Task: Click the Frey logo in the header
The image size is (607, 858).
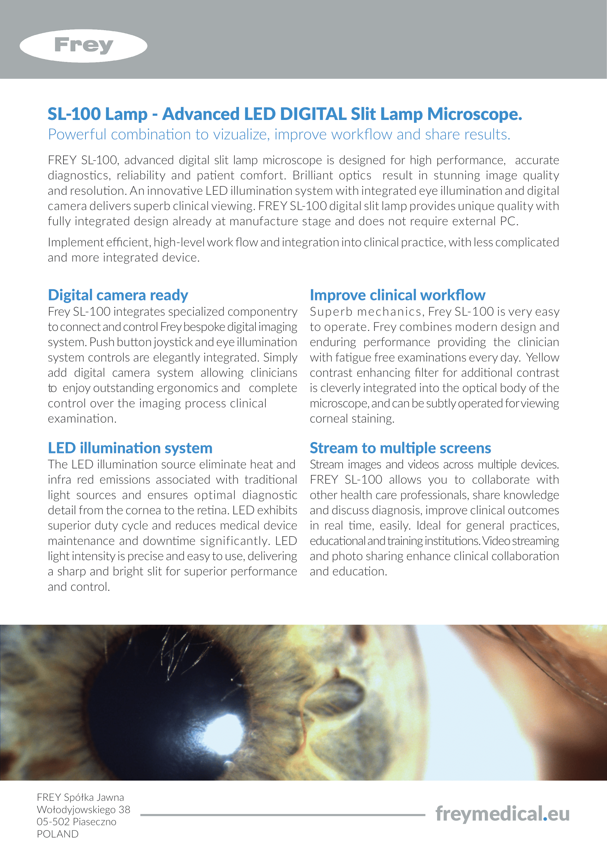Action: pos(83,45)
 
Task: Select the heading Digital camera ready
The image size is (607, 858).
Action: pos(118,295)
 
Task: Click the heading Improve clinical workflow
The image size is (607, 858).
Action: pos(397,295)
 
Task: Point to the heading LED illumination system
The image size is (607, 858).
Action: pos(130,448)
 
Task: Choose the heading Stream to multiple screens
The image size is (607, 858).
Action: pos(400,448)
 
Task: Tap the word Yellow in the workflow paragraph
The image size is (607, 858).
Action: pos(542,358)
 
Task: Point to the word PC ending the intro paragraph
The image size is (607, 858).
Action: pos(508,221)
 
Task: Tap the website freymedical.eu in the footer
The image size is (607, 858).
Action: pos(502,814)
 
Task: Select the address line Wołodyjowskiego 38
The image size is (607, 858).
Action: pos(83,810)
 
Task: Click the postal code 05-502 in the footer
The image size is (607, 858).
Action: pos(53,822)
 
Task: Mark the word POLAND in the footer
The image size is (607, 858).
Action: pos(58,834)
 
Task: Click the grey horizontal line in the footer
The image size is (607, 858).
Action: pos(283,815)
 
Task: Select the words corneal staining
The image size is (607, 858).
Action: pos(352,419)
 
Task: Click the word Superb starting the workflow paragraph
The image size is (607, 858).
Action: pos(331,312)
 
